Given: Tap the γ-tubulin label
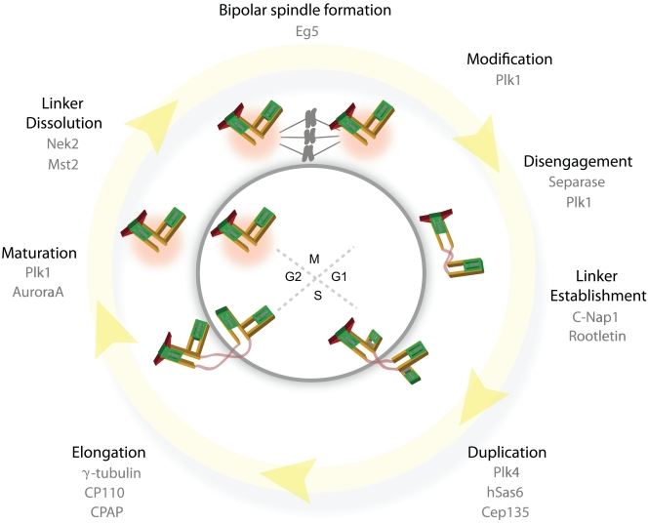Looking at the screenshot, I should pyautogui.click(x=108, y=473).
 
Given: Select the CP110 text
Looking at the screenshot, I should pyautogui.click(x=108, y=493).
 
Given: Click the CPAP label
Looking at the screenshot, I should pyautogui.click(x=108, y=512).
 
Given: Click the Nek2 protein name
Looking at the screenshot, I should pyautogui.click(x=60, y=145).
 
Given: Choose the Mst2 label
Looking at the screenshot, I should pyautogui.click(x=60, y=165).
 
